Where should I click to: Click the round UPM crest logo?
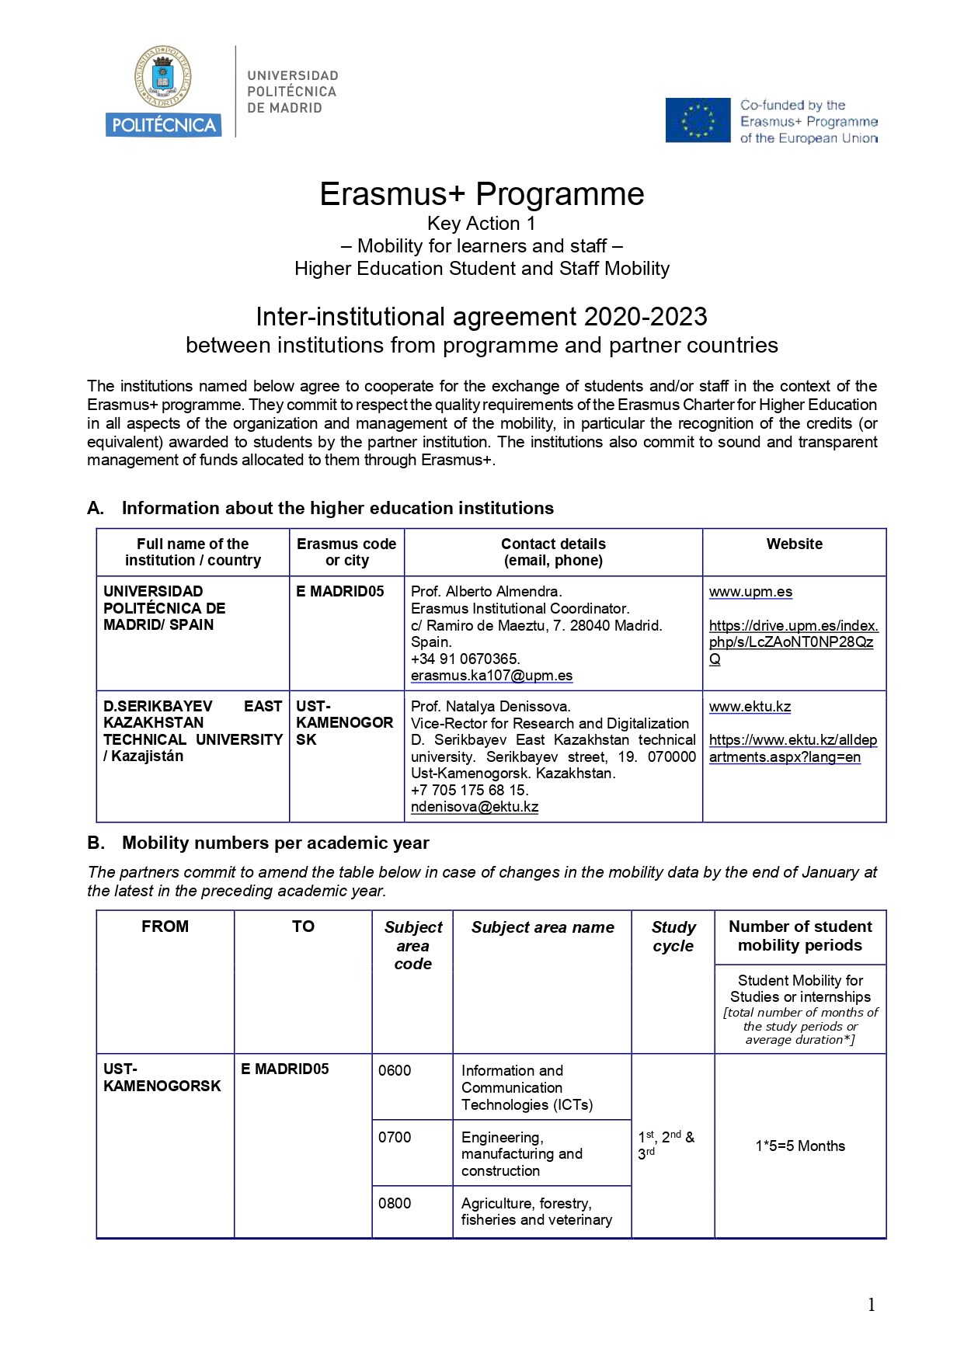[163, 78]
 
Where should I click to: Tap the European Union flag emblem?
[698, 120]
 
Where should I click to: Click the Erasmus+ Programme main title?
[482, 194]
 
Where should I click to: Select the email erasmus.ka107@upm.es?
[492, 676]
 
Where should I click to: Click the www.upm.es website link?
[750, 592]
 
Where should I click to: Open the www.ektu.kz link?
[750, 707]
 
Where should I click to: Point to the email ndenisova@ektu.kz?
[475, 807]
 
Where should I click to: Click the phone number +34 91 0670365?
[465, 659]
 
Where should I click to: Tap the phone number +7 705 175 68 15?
[469, 790]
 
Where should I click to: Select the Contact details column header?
[553, 552]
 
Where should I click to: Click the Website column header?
[794, 544]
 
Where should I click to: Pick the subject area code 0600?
[395, 1071]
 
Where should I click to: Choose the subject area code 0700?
[395, 1138]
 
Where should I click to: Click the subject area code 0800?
[395, 1204]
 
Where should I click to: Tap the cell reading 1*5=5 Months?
[800, 1146]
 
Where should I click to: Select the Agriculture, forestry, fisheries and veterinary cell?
[536, 1212]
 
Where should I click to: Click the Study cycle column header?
[673, 937]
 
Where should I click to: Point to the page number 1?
[872, 1305]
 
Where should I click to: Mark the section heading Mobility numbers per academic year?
[275, 843]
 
